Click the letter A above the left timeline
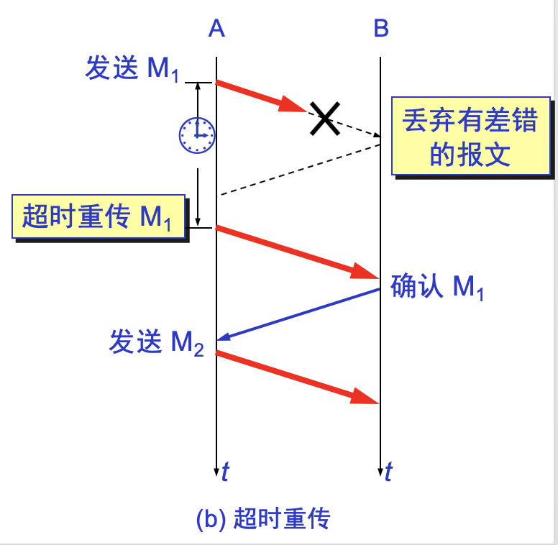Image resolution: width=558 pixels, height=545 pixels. (x=216, y=28)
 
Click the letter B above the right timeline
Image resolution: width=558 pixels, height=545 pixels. (x=381, y=28)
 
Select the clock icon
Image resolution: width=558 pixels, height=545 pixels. (x=197, y=134)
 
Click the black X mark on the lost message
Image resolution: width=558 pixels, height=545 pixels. (x=324, y=118)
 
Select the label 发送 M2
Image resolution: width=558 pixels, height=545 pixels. (x=156, y=342)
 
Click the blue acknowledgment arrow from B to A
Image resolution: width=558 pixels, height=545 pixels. (x=298, y=313)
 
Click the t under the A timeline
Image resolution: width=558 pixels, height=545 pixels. (x=226, y=472)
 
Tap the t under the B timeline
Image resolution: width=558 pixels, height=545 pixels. (x=389, y=472)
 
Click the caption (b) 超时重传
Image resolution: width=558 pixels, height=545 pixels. (x=262, y=519)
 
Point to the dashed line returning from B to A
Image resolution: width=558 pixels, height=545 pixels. (x=298, y=170)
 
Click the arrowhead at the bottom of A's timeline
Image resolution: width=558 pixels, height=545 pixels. (x=216, y=471)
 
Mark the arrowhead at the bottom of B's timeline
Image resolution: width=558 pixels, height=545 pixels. (x=380, y=471)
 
